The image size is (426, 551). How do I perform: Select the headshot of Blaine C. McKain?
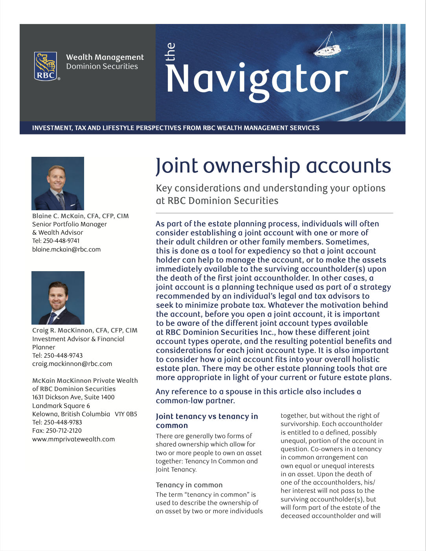pos(58,183)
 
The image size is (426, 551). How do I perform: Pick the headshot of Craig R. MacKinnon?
pos(58,298)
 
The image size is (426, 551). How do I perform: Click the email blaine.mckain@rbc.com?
pos(66,249)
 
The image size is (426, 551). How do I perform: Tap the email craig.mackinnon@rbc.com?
pos(72,364)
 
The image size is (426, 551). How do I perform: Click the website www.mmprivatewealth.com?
pos(73,439)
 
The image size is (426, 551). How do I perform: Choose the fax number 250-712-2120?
pos(64,430)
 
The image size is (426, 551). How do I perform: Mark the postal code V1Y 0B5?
pos(126,414)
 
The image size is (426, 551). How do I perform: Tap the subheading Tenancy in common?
pos(189,485)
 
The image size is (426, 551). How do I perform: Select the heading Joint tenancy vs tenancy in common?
pos(207,421)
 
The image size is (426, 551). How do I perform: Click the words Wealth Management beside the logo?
pos(105,57)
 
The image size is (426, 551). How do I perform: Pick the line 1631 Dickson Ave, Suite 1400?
pos(73,397)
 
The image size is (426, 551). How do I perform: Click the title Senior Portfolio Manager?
pos(70,224)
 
